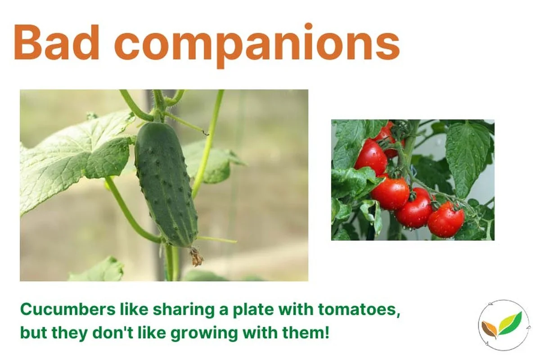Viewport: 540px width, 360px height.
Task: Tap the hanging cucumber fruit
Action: point(166,184)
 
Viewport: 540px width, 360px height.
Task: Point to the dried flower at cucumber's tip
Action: point(196,257)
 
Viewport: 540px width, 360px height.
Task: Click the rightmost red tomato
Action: point(445,219)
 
